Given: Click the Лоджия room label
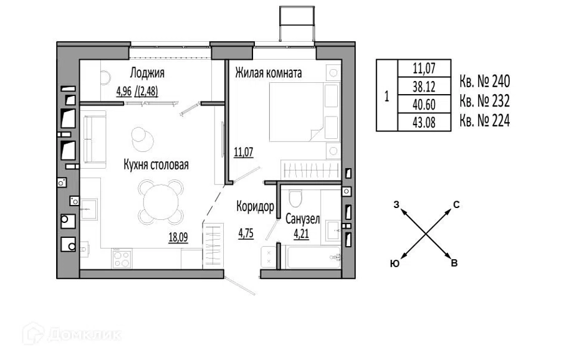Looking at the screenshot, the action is pyautogui.click(x=147, y=73).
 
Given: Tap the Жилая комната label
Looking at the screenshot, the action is pyautogui.click(x=268, y=73).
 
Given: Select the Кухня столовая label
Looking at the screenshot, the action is pyautogui.click(x=156, y=165).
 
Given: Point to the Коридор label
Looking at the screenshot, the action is pyautogui.click(x=255, y=206).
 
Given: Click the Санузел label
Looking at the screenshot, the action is pyautogui.click(x=303, y=219).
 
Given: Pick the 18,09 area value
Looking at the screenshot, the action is pyautogui.click(x=178, y=237).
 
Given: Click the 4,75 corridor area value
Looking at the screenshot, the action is pyautogui.click(x=246, y=234).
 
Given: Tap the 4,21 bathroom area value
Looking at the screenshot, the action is pyautogui.click(x=301, y=234).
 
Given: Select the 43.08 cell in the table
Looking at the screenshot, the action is pyautogui.click(x=424, y=123).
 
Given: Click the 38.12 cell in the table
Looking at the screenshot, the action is pyautogui.click(x=424, y=87).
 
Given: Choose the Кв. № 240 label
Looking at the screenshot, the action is pyautogui.click(x=485, y=82).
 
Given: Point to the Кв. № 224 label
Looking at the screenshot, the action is pyautogui.click(x=485, y=121).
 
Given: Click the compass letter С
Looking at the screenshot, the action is pyautogui.click(x=456, y=205).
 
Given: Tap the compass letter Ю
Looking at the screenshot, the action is pyautogui.click(x=395, y=264).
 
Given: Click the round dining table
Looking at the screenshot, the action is pyautogui.click(x=161, y=202).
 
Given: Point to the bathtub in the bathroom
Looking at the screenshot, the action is pyautogui.click(x=314, y=257).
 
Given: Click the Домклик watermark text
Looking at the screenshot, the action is pyautogui.click(x=84, y=335).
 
